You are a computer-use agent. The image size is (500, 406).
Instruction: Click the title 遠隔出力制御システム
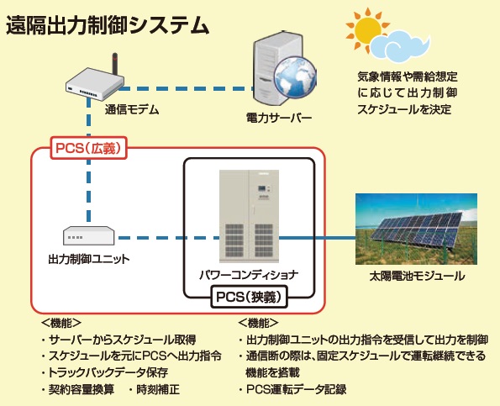click(108, 25)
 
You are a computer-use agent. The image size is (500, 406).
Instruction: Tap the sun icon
click(366, 28)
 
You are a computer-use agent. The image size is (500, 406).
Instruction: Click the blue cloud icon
click(401, 45)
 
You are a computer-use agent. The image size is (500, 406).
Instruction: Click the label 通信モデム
click(132, 110)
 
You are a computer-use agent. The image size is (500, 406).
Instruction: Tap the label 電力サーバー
click(279, 118)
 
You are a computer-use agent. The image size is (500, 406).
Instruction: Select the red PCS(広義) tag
click(88, 148)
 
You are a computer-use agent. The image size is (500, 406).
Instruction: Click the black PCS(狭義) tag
click(249, 297)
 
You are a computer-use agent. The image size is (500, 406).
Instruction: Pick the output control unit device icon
click(88, 235)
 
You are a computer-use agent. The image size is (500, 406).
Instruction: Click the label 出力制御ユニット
click(89, 259)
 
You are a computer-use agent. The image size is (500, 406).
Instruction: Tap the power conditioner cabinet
click(249, 217)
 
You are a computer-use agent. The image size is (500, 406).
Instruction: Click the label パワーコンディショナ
click(249, 275)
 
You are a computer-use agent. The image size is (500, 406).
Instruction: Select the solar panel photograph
click(417, 229)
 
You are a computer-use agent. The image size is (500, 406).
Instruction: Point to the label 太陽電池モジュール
click(417, 276)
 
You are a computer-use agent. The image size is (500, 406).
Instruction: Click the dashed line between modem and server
click(186, 88)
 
